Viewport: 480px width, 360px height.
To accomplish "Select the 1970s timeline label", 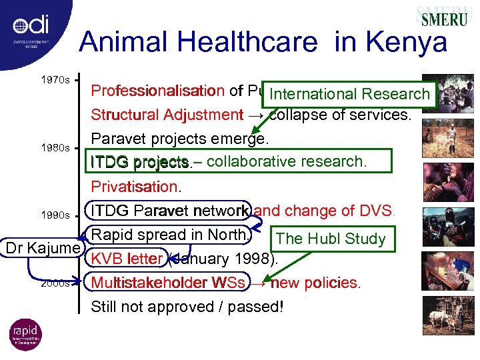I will tap(55, 80).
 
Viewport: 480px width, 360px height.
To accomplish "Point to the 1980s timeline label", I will tap(55, 147).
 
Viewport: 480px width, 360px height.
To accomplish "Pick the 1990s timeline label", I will tap(55, 215).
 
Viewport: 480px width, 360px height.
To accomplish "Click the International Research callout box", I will tap(350, 94).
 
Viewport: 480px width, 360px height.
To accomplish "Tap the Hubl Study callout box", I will tap(331, 239).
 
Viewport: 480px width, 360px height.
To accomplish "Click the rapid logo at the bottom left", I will tap(25, 335).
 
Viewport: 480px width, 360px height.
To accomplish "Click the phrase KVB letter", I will tap(127, 259).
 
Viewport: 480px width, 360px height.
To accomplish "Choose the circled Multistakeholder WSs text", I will tap(168, 283).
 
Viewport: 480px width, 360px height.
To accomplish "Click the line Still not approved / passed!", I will tap(187, 307).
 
